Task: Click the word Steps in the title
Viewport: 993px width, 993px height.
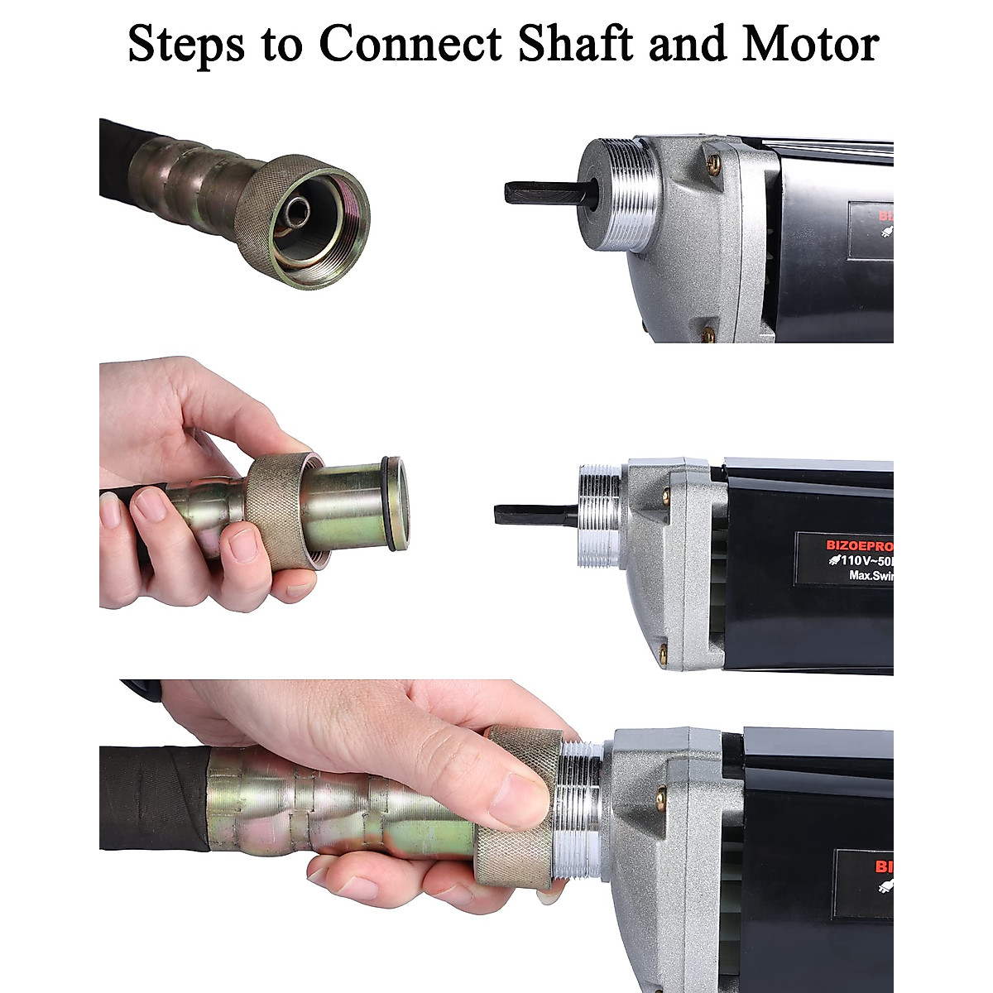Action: click(186, 45)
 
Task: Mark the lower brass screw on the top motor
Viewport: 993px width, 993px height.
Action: click(708, 333)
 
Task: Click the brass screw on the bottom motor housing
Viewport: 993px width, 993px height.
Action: click(660, 799)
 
